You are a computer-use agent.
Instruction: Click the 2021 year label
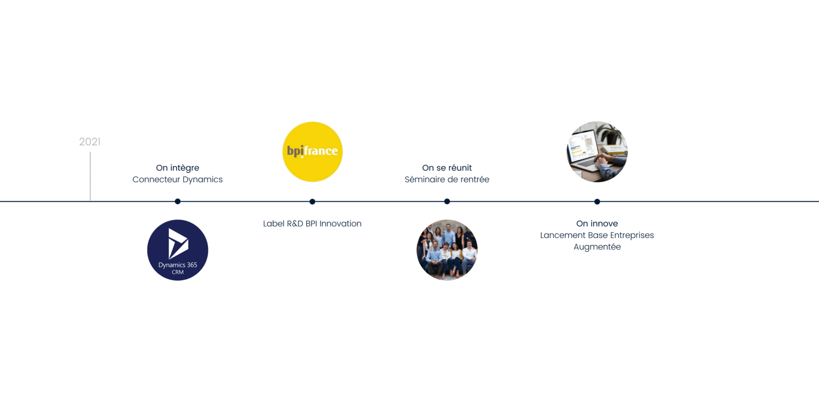90,142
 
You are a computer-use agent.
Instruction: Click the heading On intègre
178,168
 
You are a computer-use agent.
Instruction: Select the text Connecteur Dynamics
178,179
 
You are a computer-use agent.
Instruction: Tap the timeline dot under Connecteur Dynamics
178,201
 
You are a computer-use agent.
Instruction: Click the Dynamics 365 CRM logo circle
178,250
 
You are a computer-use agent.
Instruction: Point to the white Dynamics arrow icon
178,244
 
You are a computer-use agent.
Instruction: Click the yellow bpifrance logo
312,152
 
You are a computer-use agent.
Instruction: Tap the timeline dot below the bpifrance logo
312,201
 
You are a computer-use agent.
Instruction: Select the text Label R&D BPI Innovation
312,224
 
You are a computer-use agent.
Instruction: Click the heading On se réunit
447,168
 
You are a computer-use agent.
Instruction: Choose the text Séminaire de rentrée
447,179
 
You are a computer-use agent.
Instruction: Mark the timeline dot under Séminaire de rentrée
447,201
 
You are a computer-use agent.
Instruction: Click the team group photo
447,250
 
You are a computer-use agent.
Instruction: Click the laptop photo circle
597,152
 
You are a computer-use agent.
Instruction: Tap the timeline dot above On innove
597,201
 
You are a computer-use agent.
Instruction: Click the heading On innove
597,224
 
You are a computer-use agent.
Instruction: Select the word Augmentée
597,247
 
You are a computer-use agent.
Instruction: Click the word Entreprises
632,235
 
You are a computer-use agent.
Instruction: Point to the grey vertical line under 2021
90,176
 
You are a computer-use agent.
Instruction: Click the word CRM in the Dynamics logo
178,272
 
